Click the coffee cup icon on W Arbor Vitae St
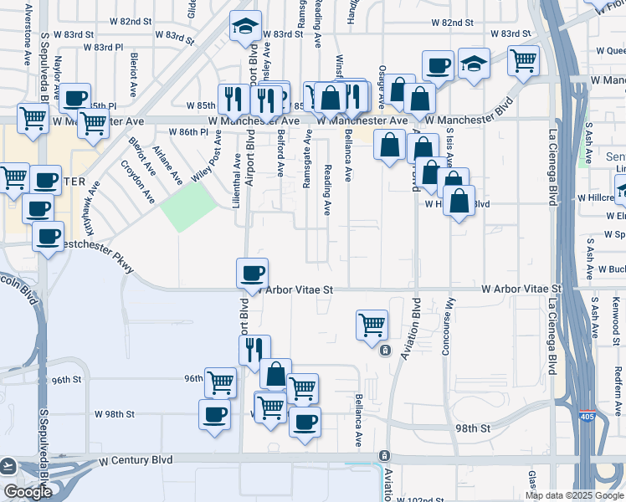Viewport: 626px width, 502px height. click(x=253, y=273)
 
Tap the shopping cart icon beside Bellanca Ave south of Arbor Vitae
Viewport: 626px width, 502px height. click(x=372, y=324)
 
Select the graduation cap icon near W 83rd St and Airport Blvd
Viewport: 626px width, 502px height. click(x=246, y=26)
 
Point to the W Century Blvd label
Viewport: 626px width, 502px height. click(x=136, y=460)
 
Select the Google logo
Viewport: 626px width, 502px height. click(x=28, y=492)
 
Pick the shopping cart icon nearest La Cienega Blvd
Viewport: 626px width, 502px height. click(x=523, y=59)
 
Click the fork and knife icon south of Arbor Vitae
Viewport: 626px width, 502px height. click(x=254, y=349)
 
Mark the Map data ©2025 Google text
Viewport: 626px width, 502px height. click(x=574, y=495)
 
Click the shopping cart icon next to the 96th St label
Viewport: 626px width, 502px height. click(x=220, y=382)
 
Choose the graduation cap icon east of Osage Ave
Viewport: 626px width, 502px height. click(x=474, y=63)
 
